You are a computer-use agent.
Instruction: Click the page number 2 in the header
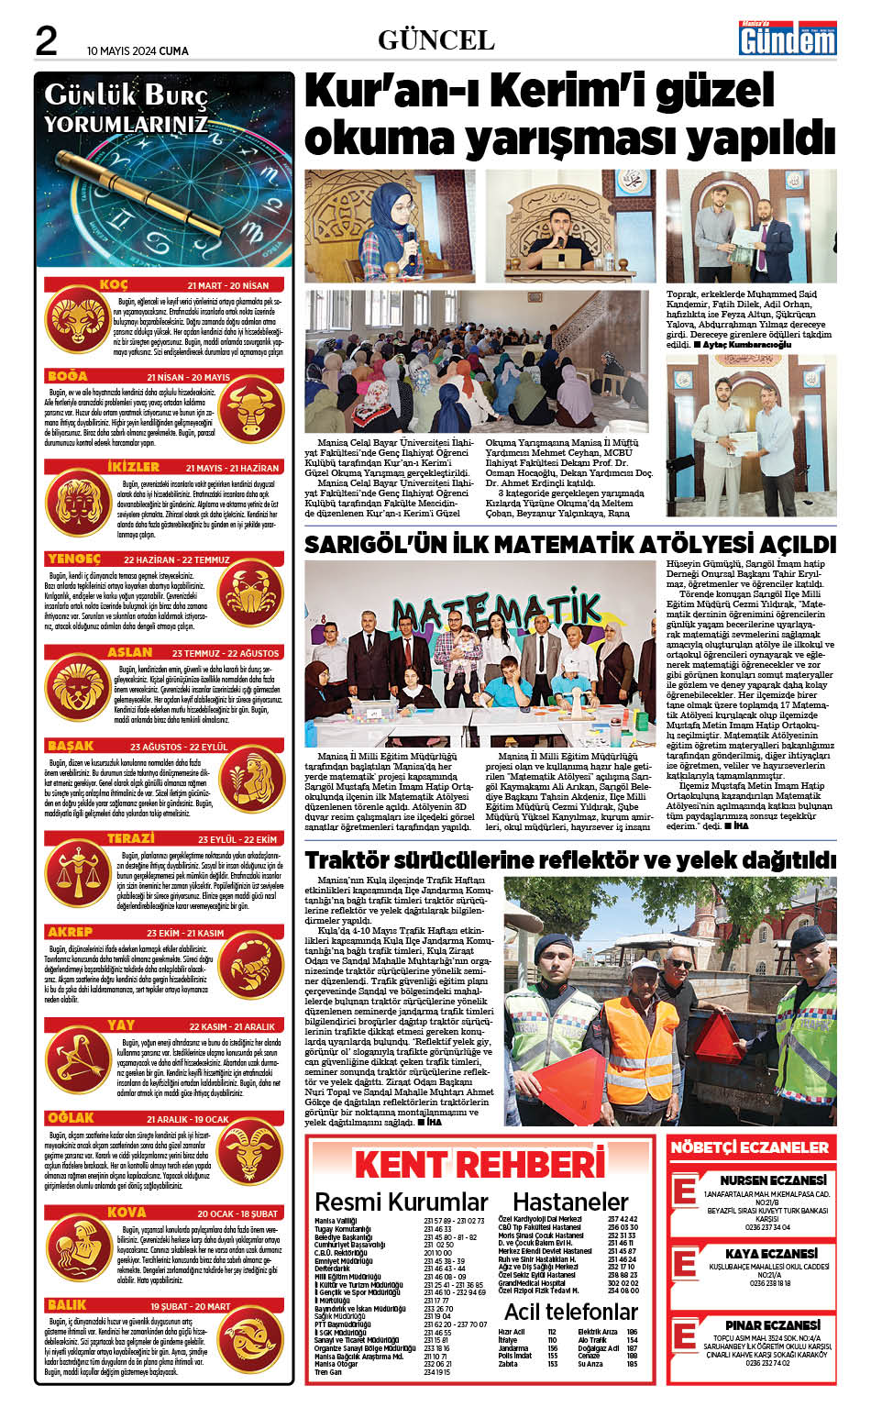pyautogui.click(x=46, y=40)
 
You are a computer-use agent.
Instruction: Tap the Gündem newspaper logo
pyautogui.click(x=788, y=39)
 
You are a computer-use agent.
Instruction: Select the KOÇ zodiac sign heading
pyautogui.click(x=114, y=285)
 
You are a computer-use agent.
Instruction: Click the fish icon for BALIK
pyautogui.click(x=252, y=1344)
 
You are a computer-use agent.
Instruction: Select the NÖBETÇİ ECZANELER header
pyautogui.click(x=749, y=1147)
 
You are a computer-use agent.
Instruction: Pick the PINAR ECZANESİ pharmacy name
pyautogui.click(x=772, y=1324)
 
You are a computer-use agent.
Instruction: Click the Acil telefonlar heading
pyautogui.click(x=570, y=1311)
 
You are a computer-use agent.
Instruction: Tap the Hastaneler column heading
pyautogui.click(x=569, y=1202)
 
